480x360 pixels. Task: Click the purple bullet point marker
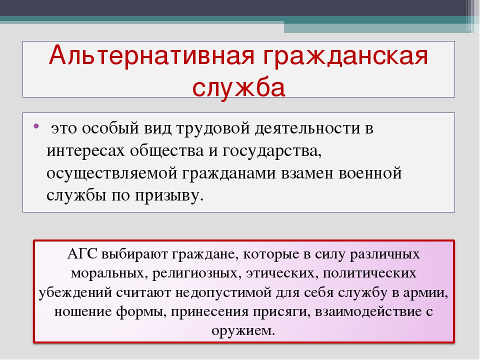tap(36, 126)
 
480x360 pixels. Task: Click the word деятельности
tap(307, 128)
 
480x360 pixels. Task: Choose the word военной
tap(370, 173)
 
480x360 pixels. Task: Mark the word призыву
tap(169, 196)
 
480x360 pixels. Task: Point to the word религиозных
tap(195, 273)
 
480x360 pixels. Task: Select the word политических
tap(369, 273)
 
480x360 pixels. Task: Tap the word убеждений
tap(75, 292)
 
